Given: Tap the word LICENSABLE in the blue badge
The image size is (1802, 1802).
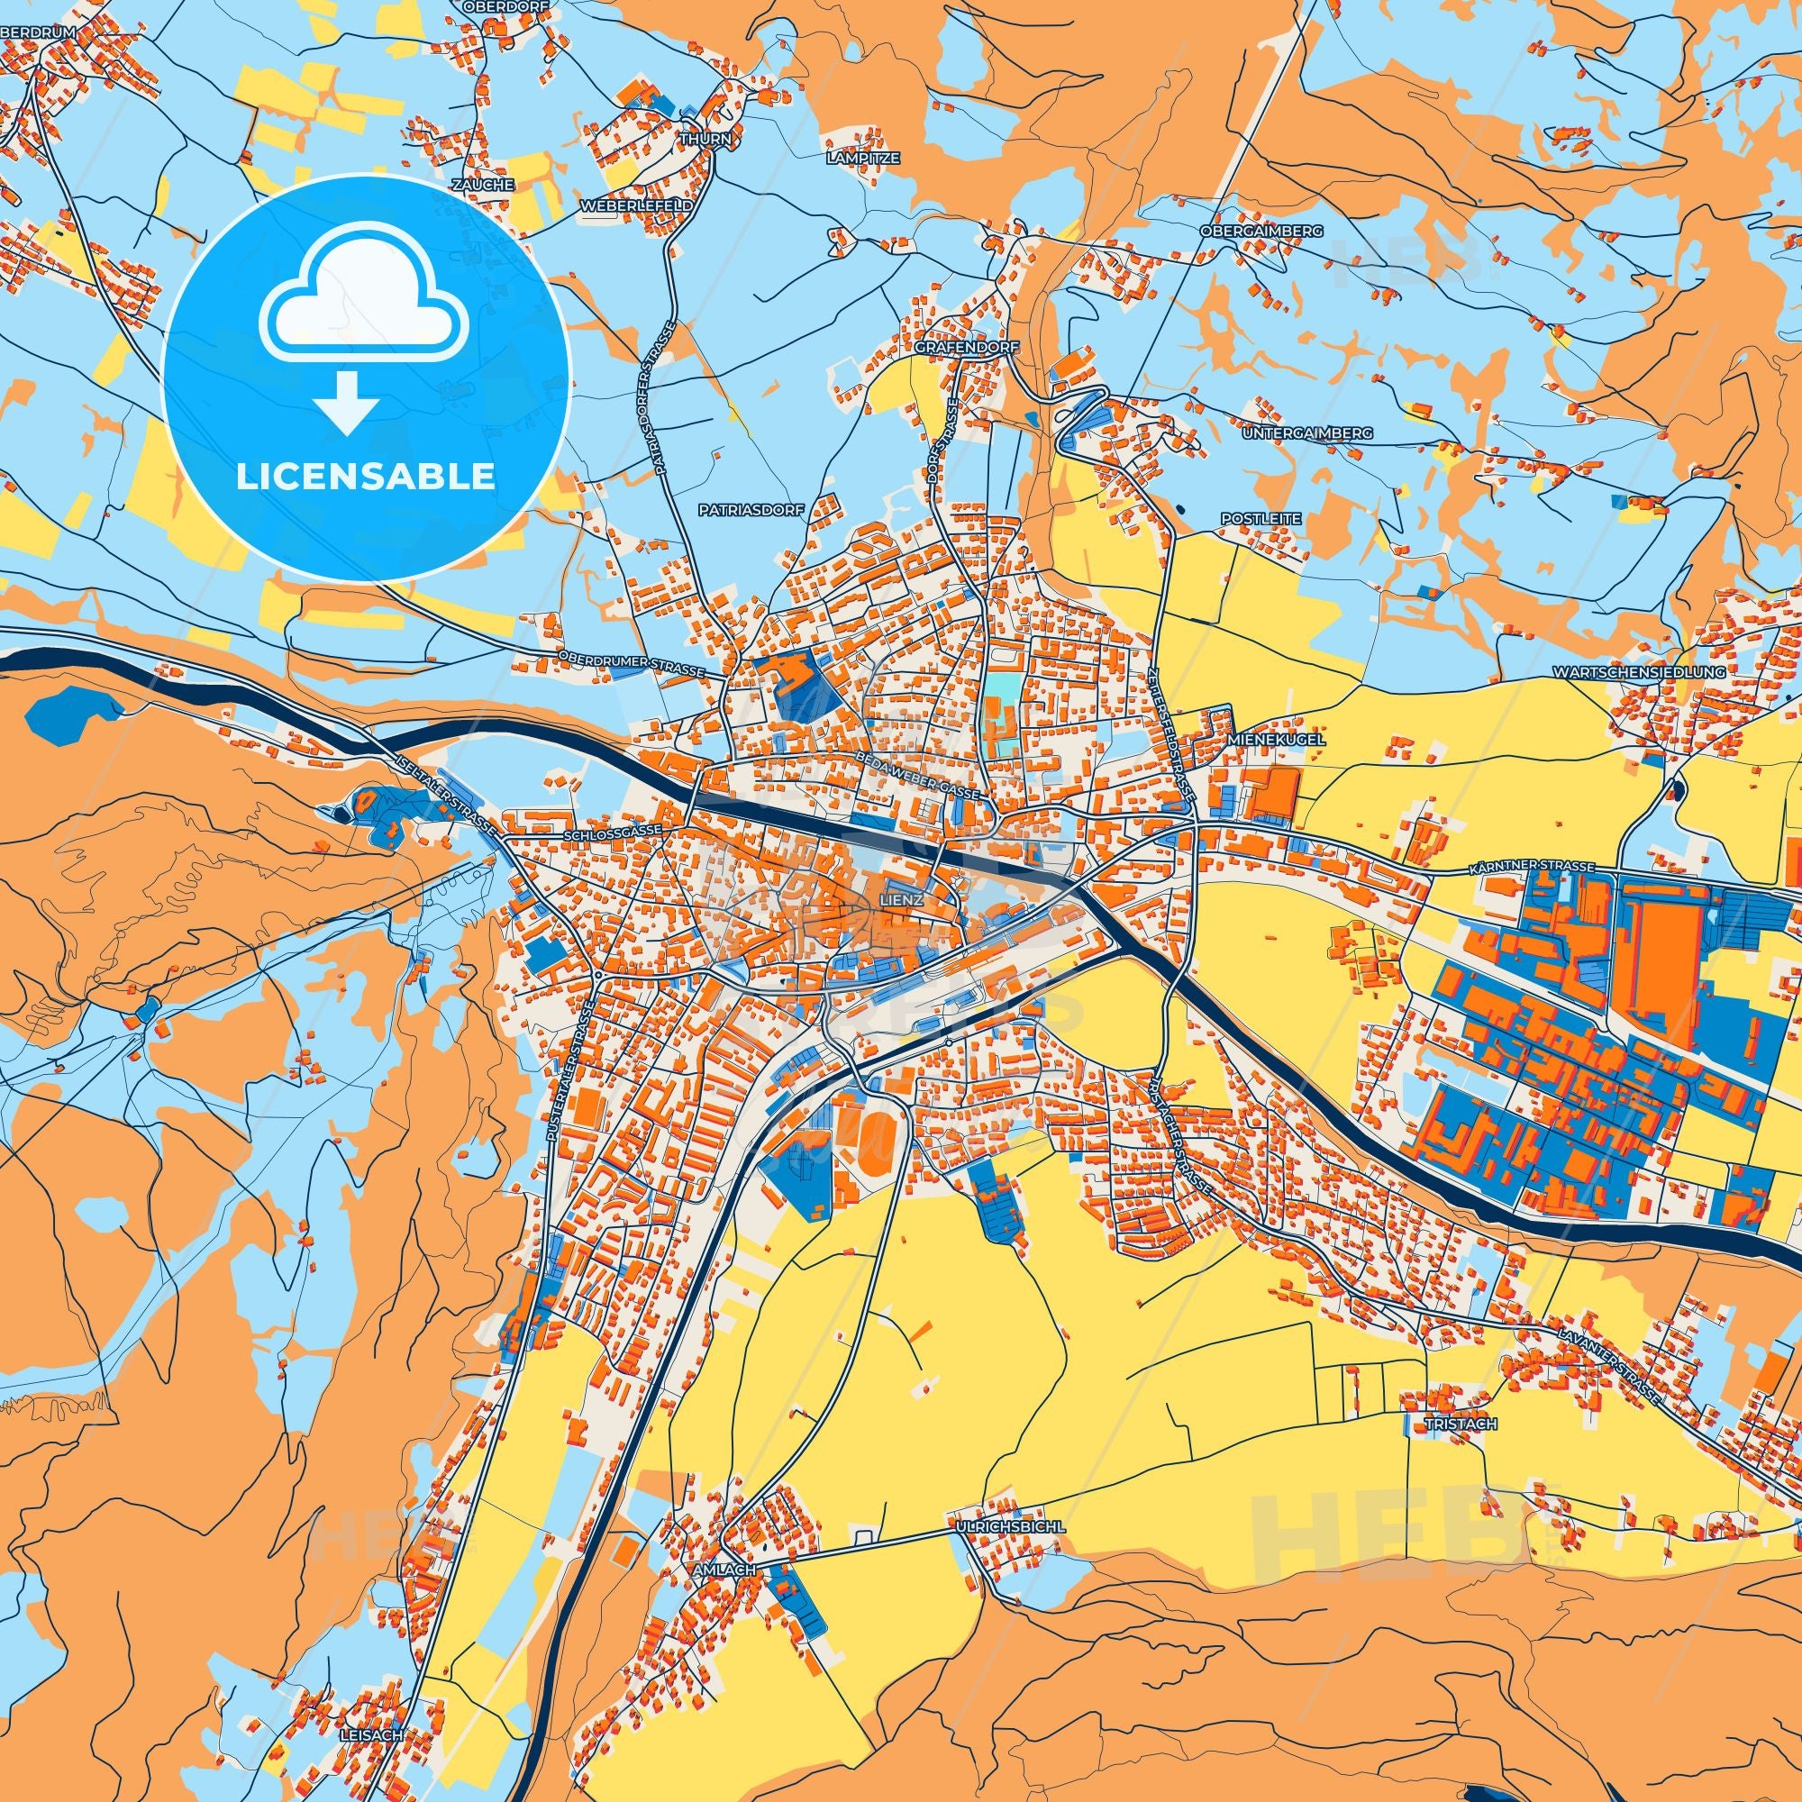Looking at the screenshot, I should pos(366,477).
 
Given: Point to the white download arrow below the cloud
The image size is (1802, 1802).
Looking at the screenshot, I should pos(346,402).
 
